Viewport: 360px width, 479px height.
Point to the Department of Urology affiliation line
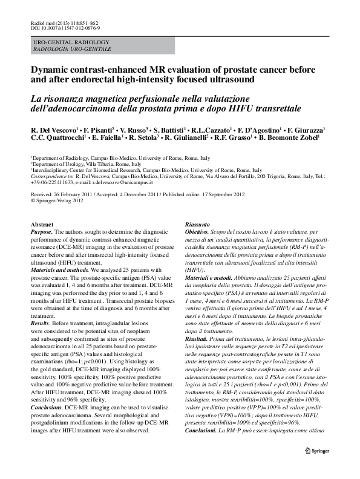tap(79, 164)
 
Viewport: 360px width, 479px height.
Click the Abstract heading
tap(42, 225)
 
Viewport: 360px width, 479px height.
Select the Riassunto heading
tap(198, 225)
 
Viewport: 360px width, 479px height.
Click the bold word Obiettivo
tap(198, 232)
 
